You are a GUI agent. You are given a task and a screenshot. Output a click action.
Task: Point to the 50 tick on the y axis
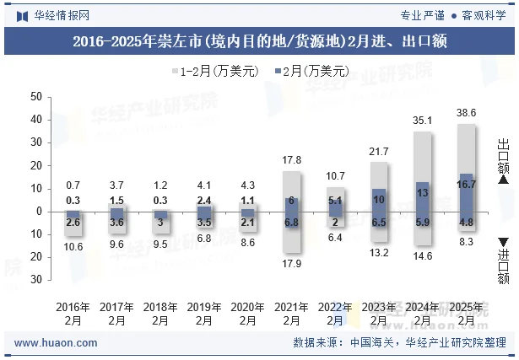[35, 97]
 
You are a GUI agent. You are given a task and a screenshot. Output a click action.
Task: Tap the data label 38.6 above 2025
[467, 112]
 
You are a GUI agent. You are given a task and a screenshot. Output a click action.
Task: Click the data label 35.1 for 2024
[423, 121]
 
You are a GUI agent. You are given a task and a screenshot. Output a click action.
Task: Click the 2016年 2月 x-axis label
[73, 314]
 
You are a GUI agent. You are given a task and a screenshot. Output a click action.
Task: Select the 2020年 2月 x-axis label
[247, 314]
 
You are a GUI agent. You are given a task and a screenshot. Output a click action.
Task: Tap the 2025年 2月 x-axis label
[467, 314]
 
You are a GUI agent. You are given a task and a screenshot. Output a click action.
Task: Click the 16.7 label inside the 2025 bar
[467, 184]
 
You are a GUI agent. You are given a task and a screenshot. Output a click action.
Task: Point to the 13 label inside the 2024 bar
[423, 193]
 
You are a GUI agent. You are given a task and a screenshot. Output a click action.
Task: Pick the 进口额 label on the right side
[503, 263]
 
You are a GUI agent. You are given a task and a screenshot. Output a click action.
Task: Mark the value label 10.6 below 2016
[73, 246]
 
